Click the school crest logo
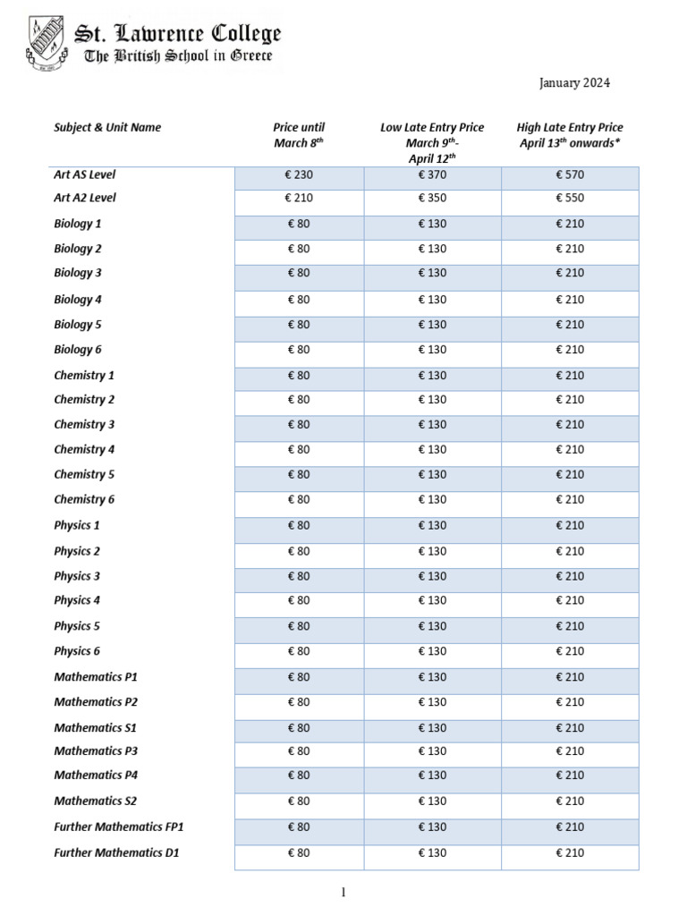(44, 45)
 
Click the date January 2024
(574, 83)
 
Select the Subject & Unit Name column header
(107, 127)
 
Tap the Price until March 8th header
(299, 135)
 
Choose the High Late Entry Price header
(570, 135)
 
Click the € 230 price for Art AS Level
(299, 175)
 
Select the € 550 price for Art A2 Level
(570, 198)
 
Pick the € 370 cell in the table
(432, 175)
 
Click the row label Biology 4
(78, 300)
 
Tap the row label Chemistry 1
(84, 376)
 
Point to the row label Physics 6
(77, 651)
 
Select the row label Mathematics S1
(96, 728)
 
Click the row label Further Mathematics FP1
(119, 827)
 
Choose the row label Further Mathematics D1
(117, 852)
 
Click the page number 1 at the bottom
(343, 892)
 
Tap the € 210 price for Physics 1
(570, 525)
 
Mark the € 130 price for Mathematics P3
(432, 751)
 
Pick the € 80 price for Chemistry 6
(299, 499)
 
